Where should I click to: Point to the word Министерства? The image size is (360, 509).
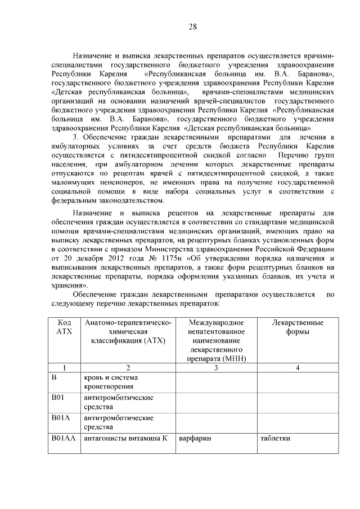tap(206, 249)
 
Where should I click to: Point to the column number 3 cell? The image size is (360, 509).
tap(216, 367)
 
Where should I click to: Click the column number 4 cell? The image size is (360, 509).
tap(297, 367)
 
